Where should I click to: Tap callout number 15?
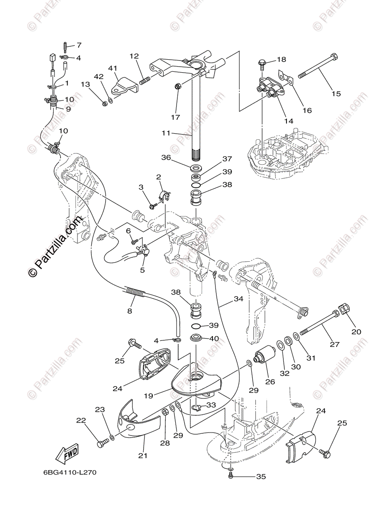coord(336,93)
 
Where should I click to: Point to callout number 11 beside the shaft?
coord(166,134)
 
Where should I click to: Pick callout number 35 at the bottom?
coord(260,477)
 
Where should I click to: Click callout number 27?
coord(334,344)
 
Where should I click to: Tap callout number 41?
coord(113,68)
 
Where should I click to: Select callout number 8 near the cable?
coord(129,310)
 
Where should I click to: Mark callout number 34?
coord(238,298)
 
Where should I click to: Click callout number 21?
coord(143,455)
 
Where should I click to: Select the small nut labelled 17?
coord(177,87)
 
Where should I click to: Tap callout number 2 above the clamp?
coord(158,177)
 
